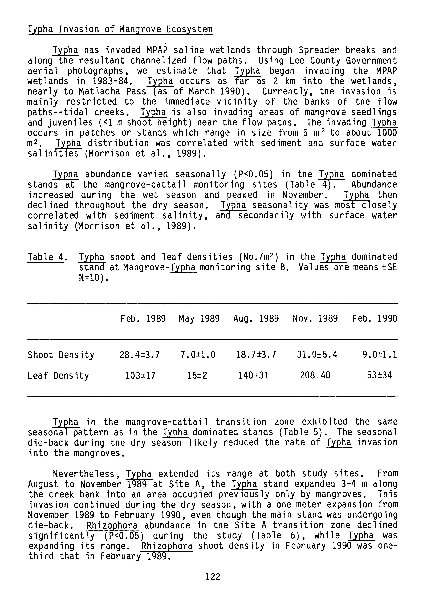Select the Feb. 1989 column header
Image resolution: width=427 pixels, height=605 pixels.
143,319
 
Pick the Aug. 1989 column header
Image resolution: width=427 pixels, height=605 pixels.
256,319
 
